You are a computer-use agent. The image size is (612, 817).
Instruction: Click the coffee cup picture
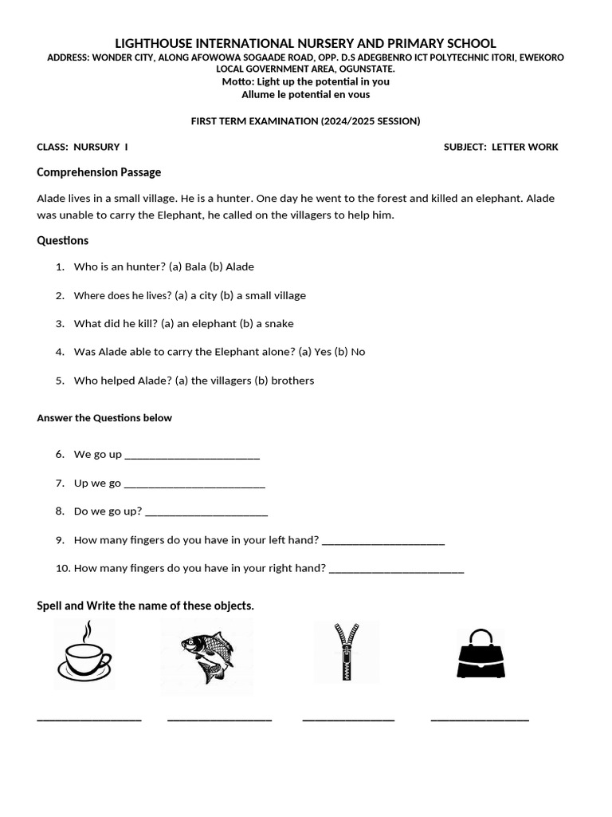tap(84, 653)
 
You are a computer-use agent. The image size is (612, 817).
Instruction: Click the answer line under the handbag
tap(479, 720)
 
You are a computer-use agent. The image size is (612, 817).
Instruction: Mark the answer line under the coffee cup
tap(89, 720)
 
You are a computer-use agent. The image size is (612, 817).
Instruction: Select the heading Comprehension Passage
tap(99, 172)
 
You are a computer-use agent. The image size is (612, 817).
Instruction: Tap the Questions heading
tap(63, 240)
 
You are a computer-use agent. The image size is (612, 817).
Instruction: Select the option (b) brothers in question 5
tap(284, 381)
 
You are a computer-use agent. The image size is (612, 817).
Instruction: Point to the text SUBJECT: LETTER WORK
tap(500, 147)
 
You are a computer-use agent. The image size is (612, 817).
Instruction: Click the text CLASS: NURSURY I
tap(82, 147)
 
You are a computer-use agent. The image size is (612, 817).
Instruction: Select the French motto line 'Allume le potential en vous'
tap(305, 94)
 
